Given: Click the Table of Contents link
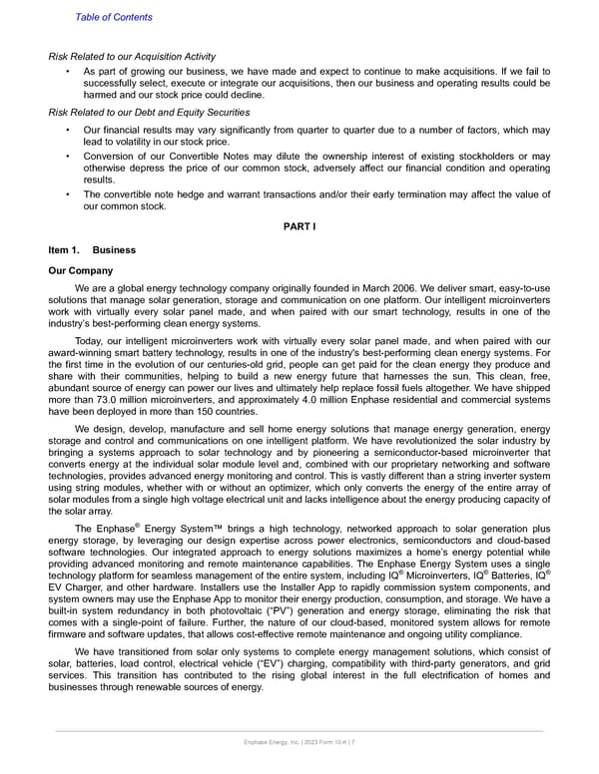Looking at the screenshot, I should pos(114,17).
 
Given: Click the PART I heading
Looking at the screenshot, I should pos(299,226).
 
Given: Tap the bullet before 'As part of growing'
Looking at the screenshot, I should pos(67,73).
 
